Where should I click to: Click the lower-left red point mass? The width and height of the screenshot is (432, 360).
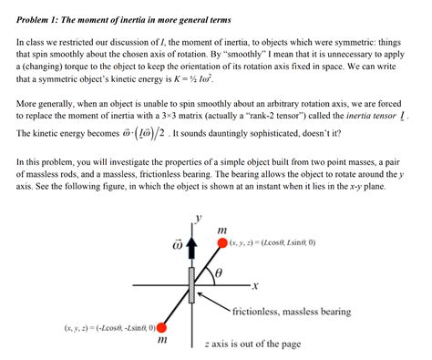pyautogui.click(x=162, y=327)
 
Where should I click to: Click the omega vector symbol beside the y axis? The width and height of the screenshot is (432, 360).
pyautogui.click(x=179, y=244)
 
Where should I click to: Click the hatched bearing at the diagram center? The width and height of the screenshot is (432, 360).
pyautogui.click(x=192, y=284)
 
